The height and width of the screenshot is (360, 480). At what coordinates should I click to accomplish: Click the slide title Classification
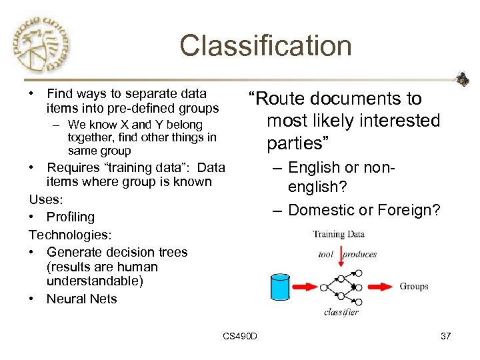[x=265, y=46]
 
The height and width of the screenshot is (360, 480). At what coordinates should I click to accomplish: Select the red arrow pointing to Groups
[x=379, y=287]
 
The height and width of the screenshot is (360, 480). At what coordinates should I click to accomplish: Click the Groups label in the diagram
[x=414, y=287]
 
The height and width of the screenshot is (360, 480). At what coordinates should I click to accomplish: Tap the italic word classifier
[x=341, y=312]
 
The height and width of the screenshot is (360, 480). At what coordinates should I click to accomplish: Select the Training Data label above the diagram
[x=339, y=234]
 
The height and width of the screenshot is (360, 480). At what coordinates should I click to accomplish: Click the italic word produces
[x=360, y=254]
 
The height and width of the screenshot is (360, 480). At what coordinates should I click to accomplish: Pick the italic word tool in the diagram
[x=325, y=254]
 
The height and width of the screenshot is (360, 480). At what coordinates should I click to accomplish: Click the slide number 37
[x=446, y=336]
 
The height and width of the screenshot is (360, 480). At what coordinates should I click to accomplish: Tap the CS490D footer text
[x=240, y=336]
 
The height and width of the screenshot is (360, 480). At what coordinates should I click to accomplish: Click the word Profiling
[x=71, y=217]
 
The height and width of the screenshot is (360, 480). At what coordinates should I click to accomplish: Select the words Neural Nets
[x=81, y=299]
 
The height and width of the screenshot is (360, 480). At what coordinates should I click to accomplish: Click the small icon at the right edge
[x=462, y=80]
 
